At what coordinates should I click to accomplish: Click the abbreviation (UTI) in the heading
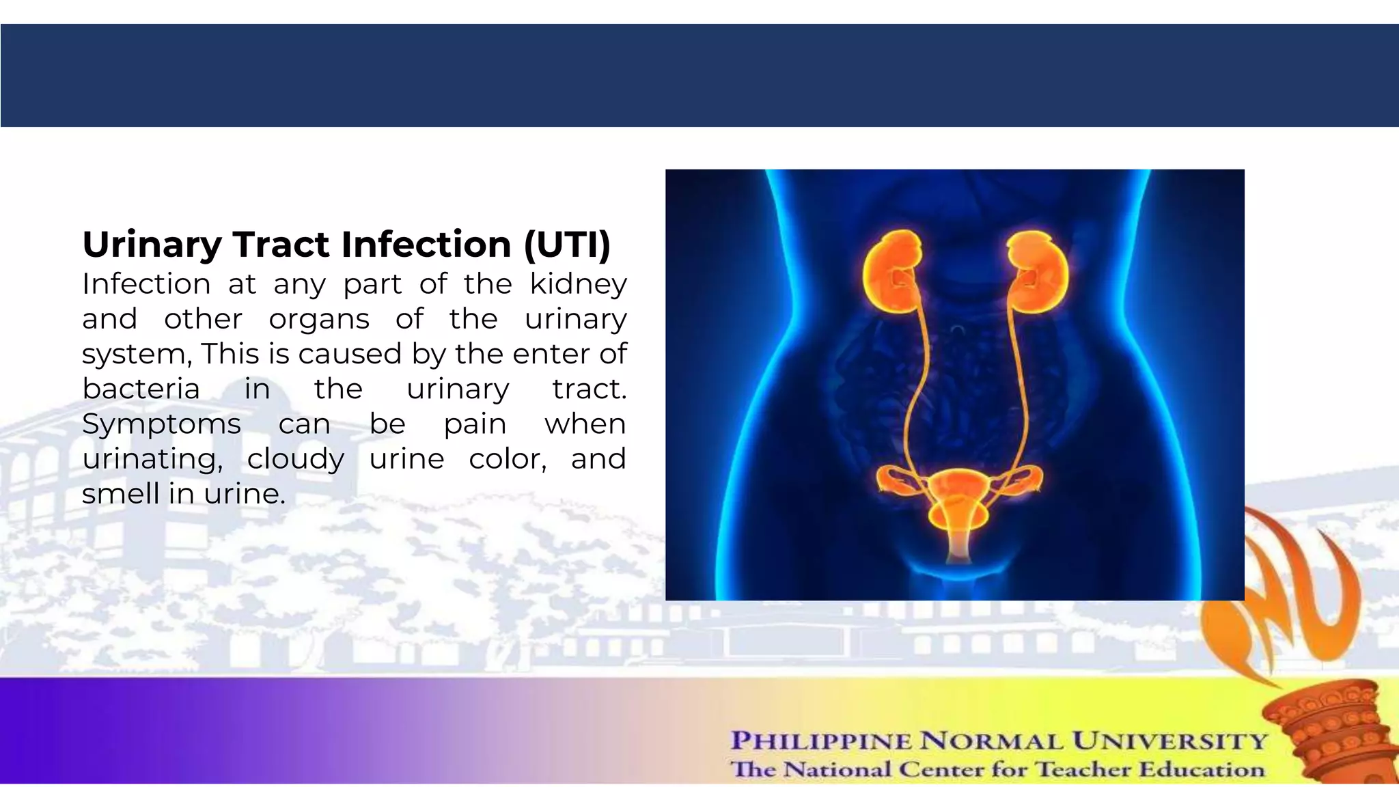[x=566, y=245]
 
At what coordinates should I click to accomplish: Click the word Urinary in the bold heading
[x=151, y=245]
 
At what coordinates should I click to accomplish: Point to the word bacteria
[x=141, y=389]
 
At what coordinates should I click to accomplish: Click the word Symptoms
[x=161, y=424]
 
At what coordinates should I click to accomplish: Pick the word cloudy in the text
[x=295, y=458]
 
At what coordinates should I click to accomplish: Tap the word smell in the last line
[x=120, y=493]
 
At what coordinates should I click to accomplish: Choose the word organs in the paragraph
[x=319, y=319]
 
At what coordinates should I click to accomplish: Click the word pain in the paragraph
[x=475, y=424]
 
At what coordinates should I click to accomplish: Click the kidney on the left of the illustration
[x=892, y=273]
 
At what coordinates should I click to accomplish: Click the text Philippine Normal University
[x=999, y=741]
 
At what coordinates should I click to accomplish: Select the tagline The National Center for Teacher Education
[x=997, y=769]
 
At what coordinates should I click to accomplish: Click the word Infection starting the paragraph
[x=146, y=284]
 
